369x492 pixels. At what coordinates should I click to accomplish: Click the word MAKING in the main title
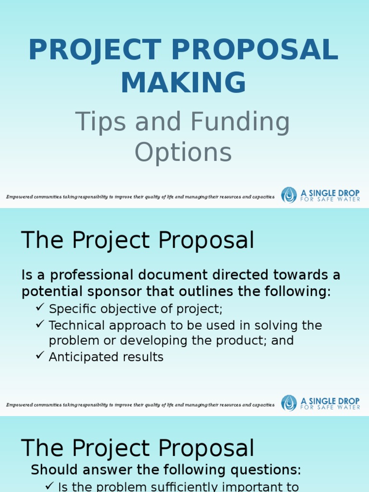184,82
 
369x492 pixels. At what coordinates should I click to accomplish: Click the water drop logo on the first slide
289,195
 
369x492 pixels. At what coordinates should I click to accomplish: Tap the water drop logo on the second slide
289,403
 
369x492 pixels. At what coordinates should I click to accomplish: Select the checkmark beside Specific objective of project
40,307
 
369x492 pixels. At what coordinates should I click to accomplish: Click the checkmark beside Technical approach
40,324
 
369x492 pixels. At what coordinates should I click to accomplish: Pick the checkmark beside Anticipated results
40,356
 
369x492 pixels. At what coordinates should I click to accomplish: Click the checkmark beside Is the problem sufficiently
49,486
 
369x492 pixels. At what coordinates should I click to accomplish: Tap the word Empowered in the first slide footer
19,197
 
